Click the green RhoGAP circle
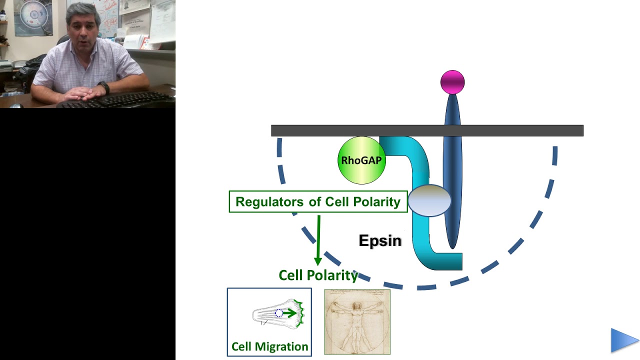click(361, 160)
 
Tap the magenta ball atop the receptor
click(452, 82)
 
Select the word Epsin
click(380, 240)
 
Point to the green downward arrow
click(317, 240)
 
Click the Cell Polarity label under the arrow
click(318, 275)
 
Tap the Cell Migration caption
click(269, 346)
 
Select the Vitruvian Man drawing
click(357, 322)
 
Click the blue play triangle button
click(624, 340)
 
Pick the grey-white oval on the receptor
click(430, 200)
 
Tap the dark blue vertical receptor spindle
click(452, 165)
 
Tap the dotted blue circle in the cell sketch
click(279, 313)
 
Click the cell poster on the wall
click(33, 17)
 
